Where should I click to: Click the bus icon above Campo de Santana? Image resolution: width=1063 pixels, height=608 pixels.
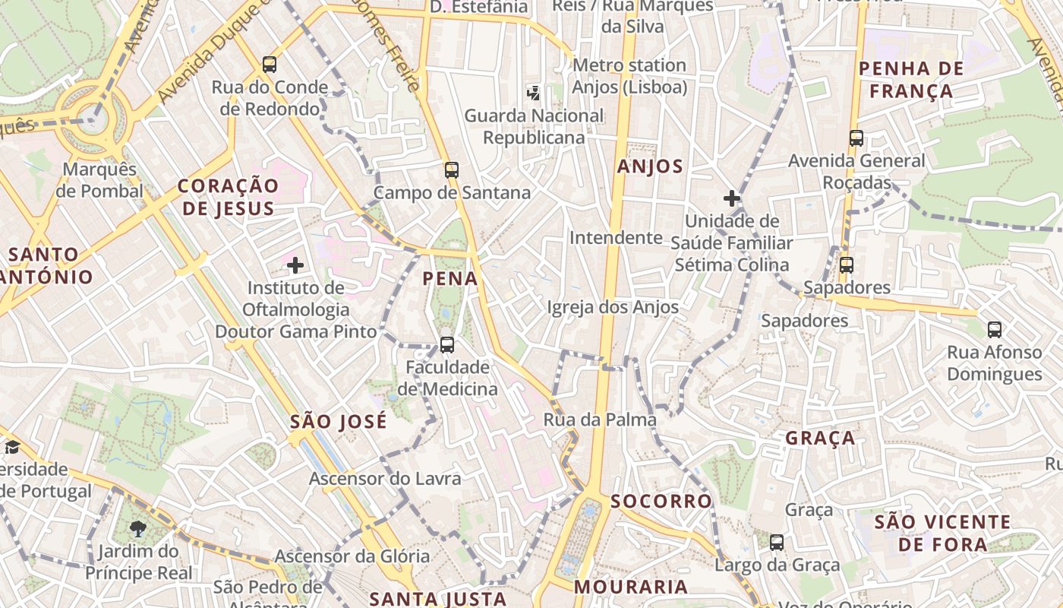(x=452, y=170)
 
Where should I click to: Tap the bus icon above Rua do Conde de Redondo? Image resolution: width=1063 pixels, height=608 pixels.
(x=270, y=65)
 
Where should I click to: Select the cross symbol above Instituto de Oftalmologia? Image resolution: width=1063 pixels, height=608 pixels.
(x=295, y=265)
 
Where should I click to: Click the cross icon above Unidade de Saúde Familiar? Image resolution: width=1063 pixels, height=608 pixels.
(x=732, y=199)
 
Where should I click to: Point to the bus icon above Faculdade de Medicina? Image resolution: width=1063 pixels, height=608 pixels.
(x=447, y=345)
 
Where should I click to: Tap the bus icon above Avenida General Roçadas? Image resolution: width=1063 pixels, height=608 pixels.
(x=856, y=138)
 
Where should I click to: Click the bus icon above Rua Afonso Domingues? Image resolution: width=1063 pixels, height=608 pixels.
(x=995, y=330)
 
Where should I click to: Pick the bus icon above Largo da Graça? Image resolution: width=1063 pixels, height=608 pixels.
(x=777, y=543)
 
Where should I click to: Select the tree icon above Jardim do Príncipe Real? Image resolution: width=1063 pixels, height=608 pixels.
(x=138, y=529)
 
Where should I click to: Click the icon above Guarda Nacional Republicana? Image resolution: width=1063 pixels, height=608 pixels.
(x=534, y=93)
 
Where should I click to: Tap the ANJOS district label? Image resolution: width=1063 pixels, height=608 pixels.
(x=650, y=167)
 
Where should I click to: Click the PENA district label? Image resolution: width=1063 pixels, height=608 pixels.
(x=450, y=279)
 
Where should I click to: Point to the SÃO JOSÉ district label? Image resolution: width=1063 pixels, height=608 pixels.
(x=339, y=421)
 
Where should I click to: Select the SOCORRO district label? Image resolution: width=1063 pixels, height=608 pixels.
(x=661, y=502)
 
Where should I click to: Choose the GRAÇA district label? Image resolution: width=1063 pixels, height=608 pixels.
(x=820, y=439)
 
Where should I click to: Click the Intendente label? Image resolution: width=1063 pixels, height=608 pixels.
(x=616, y=238)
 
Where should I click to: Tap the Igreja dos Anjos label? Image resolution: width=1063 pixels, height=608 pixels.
(x=613, y=307)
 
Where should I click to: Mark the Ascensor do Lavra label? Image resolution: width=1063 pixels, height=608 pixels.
(x=385, y=479)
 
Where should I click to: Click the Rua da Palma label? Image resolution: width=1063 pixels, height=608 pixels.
(x=600, y=420)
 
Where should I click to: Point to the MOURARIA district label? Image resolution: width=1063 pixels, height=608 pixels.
(x=631, y=587)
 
